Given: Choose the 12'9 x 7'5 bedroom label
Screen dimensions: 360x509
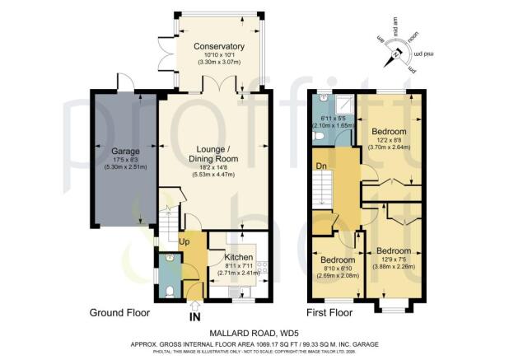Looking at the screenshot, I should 395,250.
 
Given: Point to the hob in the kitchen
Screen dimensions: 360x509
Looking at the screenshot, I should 262,268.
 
